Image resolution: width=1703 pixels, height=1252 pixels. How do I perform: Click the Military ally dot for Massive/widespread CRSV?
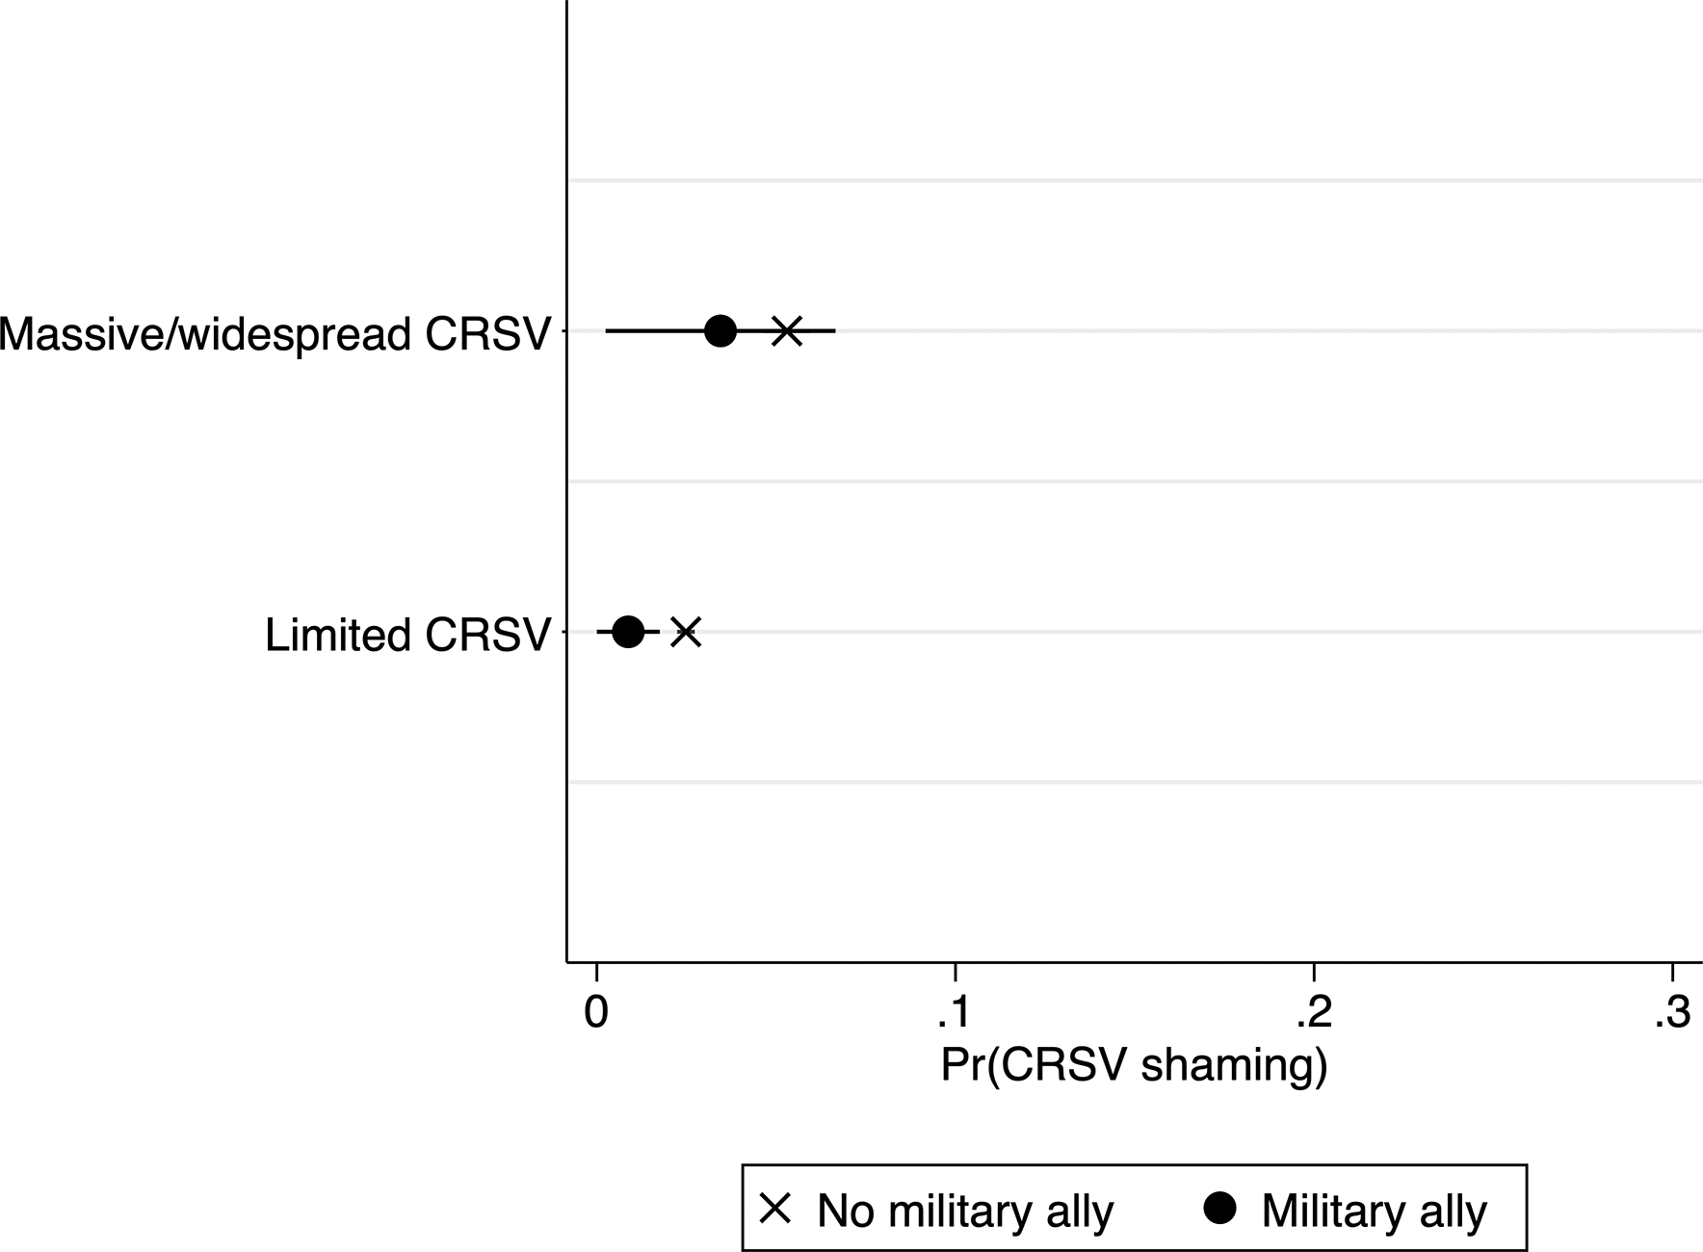(720, 331)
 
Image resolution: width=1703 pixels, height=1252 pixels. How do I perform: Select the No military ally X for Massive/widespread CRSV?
(787, 331)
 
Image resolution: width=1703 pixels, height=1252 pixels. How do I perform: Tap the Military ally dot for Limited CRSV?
(628, 633)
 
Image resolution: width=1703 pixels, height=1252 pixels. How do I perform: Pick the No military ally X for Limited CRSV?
(685, 633)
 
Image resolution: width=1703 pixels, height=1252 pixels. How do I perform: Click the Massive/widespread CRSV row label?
(275, 334)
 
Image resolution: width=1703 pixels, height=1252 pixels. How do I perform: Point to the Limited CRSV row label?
(407, 636)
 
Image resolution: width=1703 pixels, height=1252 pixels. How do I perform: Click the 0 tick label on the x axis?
(596, 1013)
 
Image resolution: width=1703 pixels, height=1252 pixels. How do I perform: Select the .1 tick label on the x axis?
(953, 1013)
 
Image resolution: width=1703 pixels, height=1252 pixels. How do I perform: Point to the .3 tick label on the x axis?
(1672, 1013)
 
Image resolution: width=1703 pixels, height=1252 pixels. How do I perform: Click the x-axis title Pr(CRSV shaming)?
(1134, 1067)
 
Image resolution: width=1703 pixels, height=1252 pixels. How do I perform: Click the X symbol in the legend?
(775, 1209)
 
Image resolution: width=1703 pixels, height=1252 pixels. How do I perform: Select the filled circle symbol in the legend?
(1220, 1209)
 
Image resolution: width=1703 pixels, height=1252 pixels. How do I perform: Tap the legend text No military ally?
(965, 1212)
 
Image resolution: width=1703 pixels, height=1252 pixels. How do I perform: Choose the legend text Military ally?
(1375, 1212)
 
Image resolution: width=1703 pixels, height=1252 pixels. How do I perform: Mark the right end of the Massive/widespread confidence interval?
(835, 331)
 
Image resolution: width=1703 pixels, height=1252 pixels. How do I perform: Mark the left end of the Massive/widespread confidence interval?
(606, 331)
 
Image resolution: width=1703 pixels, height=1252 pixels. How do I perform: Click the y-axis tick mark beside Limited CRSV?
(562, 633)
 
